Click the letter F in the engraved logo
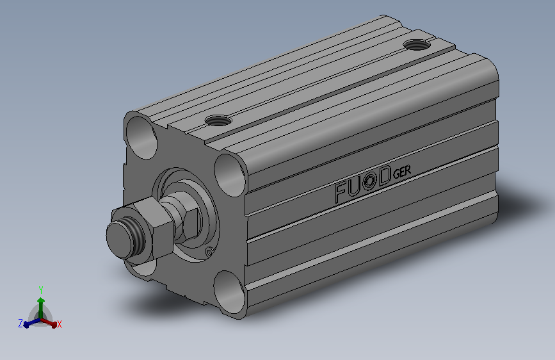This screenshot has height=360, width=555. click(341, 192)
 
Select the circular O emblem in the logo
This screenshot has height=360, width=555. click(369, 183)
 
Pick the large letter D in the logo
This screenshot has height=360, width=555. click(384, 177)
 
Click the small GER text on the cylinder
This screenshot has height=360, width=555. click(402, 172)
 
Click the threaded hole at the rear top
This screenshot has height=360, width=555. click(417, 45)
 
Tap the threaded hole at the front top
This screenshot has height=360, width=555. click(218, 120)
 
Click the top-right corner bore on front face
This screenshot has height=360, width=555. click(230, 176)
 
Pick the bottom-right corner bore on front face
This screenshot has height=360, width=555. click(229, 292)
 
